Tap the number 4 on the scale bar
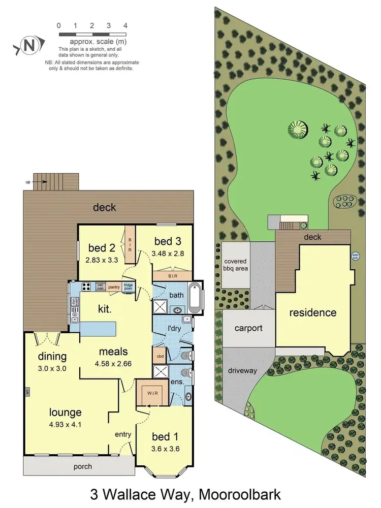pos(125,25)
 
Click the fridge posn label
pos(129,286)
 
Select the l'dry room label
pos(175,329)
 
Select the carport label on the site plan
pos(248,328)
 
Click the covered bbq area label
pos(236,265)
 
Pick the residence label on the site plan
pos(313,312)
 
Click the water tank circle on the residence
pos(355,256)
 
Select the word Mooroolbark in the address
pos(239,494)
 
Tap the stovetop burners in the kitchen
pos(85,286)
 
